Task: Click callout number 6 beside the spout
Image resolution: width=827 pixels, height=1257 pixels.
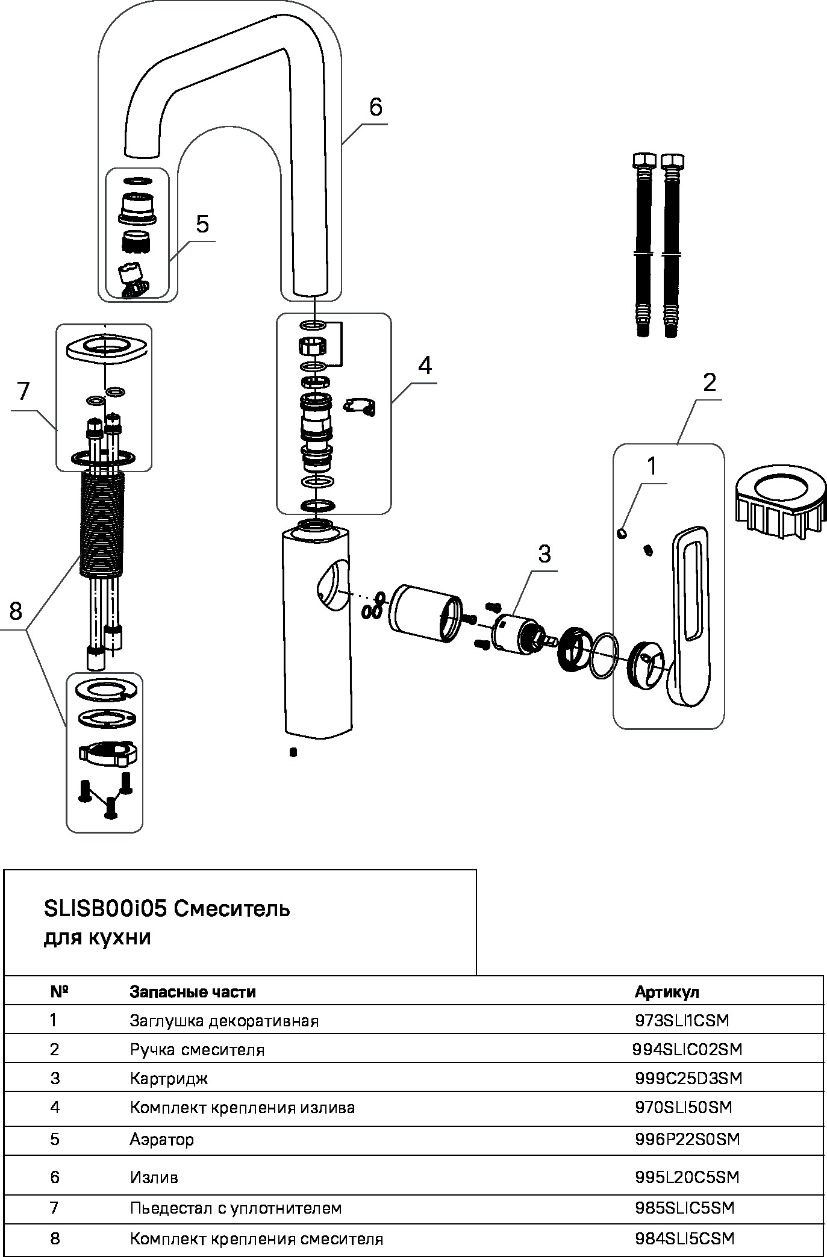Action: (375, 107)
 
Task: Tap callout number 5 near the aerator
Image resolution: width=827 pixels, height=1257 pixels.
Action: (202, 224)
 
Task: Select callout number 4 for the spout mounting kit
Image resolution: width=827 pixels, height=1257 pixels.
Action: (425, 365)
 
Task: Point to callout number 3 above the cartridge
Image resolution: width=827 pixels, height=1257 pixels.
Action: (544, 554)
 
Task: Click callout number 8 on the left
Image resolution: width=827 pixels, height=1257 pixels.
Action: (16, 611)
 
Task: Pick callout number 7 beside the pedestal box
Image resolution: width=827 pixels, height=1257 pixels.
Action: (23, 391)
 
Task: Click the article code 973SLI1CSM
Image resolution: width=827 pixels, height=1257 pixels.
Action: (682, 1020)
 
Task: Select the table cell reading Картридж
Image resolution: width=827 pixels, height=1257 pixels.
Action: (169, 1078)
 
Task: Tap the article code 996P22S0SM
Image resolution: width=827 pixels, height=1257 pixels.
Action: (687, 1139)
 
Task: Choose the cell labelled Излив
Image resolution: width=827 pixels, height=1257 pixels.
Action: (154, 1176)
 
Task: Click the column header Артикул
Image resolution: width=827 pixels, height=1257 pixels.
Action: (667, 991)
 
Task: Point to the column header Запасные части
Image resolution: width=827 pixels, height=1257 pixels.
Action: (193, 991)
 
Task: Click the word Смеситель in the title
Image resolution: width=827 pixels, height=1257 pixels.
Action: (232, 909)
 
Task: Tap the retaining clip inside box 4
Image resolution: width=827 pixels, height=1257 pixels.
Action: (360, 407)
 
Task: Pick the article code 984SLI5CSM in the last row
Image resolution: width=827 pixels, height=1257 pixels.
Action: (685, 1238)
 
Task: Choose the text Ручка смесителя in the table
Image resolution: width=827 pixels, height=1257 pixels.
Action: (197, 1049)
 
